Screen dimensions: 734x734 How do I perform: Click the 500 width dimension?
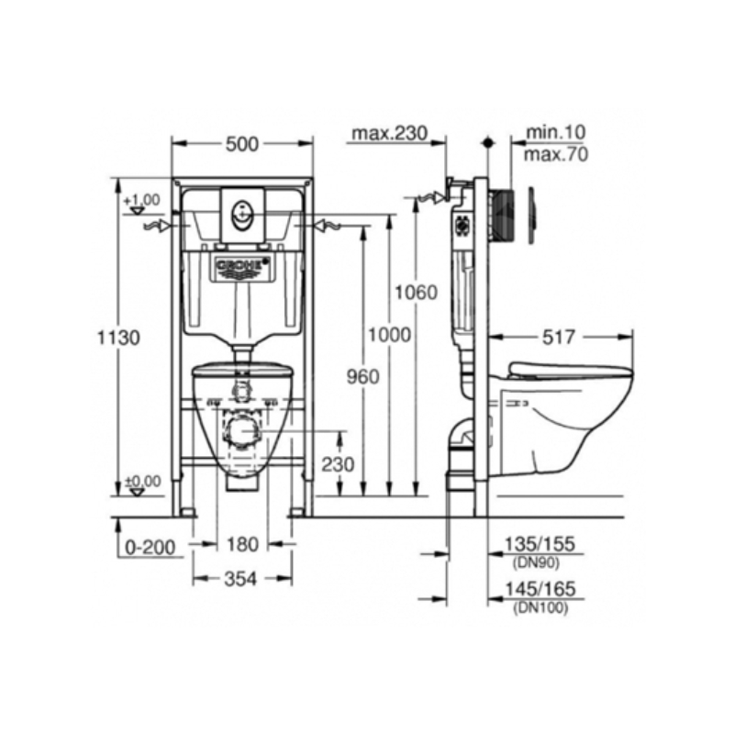242,144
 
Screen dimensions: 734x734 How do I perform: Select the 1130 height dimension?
118,338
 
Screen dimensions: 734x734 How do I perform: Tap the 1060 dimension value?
417,293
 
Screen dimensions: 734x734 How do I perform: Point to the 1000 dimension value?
389,335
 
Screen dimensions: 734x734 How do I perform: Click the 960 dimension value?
362,377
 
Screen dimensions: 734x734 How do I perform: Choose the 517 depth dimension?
559,337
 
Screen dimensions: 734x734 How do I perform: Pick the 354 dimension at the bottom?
241,580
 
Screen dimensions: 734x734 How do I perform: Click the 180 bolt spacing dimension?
242,545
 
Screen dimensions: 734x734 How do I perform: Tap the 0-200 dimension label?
150,547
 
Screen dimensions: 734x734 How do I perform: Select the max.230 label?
389,133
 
